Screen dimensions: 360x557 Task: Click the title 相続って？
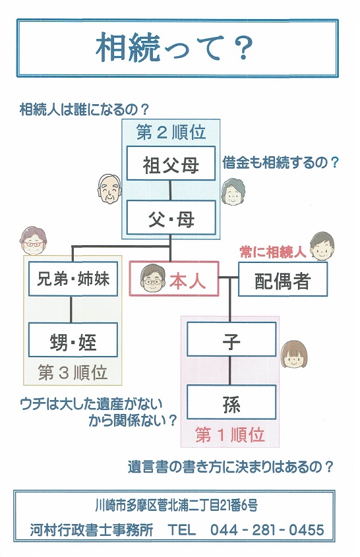click(x=175, y=47)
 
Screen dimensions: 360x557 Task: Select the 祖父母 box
click(x=171, y=163)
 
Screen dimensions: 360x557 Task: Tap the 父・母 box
click(x=171, y=218)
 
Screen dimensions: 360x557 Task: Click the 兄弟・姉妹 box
click(x=73, y=279)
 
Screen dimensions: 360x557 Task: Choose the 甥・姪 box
click(x=73, y=340)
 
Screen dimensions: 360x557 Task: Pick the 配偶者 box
click(x=282, y=279)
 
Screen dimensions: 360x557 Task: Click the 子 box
click(x=231, y=339)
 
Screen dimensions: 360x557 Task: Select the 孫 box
click(x=231, y=403)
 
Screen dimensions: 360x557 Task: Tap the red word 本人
click(x=187, y=281)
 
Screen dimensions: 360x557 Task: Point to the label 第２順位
click(x=171, y=132)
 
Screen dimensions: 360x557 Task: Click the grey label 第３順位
click(x=73, y=372)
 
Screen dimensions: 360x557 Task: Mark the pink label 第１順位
click(x=230, y=435)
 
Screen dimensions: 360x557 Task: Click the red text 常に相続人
click(x=273, y=252)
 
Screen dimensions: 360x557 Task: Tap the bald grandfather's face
click(x=109, y=189)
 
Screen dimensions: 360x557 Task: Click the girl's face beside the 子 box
click(x=294, y=355)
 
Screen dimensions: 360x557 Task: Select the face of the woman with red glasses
click(x=33, y=241)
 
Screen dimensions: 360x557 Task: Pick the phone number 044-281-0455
click(x=267, y=530)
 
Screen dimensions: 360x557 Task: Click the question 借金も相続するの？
click(x=280, y=163)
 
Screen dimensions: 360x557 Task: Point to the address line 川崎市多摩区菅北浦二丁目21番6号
click(x=176, y=505)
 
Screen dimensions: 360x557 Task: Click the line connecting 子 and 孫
click(x=231, y=371)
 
